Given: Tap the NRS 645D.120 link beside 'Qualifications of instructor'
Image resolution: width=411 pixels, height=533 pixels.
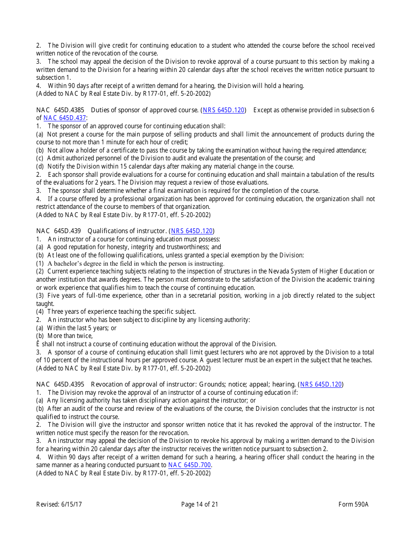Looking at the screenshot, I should (192, 231).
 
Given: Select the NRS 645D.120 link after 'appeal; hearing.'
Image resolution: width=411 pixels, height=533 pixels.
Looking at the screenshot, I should (321, 384).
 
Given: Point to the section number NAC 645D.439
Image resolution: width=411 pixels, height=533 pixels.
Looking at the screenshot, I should (58, 231).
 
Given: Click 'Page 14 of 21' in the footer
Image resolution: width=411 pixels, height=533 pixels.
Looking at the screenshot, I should (199, 504).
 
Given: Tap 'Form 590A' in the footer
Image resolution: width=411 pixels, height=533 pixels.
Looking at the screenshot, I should (353, 504).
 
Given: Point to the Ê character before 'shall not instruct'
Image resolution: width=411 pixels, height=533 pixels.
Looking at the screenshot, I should (38, 344).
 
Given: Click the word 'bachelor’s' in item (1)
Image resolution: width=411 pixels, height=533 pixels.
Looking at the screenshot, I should (76, 263).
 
